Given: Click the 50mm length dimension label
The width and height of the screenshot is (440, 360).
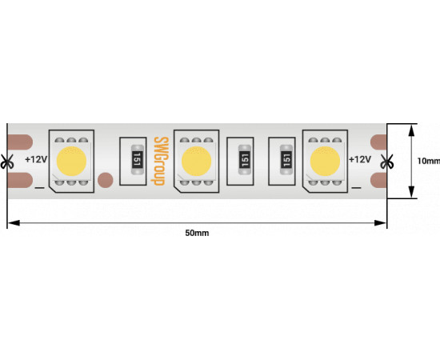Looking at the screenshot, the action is coord(197,233).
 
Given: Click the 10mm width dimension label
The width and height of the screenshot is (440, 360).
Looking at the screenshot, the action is coord(429,161).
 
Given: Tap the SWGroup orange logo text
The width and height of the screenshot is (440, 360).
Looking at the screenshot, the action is coord(160,161).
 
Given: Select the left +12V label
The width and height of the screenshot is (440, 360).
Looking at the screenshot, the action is coord(36,159).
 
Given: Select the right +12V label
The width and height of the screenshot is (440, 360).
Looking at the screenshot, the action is coord(360,159).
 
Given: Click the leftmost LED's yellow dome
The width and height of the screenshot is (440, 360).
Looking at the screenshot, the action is coord(71,161).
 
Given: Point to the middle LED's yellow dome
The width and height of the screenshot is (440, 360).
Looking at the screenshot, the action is coord(196,161).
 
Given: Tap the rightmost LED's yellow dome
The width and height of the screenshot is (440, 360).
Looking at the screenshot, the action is coord(325,161).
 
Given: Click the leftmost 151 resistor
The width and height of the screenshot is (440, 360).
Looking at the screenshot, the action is coord(138,160).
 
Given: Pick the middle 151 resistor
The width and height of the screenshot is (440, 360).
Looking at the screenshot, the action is coord(245,160).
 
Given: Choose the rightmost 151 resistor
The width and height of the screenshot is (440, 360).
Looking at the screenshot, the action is coord(286,160).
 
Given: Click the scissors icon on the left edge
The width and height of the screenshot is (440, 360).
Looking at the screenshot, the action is coord(6,162).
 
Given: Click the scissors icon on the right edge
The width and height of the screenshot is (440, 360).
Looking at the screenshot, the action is coord(387,162).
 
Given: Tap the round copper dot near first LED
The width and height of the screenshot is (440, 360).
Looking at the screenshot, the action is coord(106,180).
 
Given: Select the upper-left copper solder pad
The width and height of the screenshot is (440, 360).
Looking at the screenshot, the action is coord(20,142).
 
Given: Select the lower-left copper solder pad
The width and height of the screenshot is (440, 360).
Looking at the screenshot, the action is coord(20,180).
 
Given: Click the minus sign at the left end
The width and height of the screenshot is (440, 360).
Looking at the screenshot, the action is coord(39,187).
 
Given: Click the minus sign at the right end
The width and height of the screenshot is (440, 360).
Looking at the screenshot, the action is coord(356,187).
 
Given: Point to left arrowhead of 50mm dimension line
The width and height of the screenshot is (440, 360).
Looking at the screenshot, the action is coord(14,223).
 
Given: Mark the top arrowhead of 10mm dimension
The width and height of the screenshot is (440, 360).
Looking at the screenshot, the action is coord(411,130).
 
